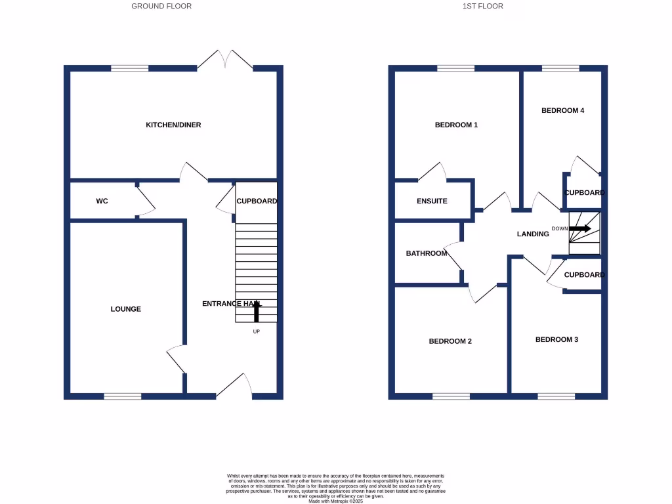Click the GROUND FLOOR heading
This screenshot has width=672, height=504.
pos(161,6)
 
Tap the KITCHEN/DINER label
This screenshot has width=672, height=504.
pos(173,125)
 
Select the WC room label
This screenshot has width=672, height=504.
pos(102,201)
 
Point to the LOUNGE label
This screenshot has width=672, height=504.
pos(125,309)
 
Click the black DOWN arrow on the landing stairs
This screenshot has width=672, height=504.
pos(580,229)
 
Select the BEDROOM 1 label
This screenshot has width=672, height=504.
pos(456,125)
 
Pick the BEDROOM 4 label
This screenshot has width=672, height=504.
pos(562,110)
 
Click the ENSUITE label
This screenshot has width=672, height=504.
pos(432,201)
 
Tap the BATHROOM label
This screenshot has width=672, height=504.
pos(426,253)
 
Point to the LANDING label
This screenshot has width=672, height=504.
pos(533,234)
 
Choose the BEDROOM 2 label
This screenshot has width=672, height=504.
pos(450,341)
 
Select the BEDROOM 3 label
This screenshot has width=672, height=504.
pos(556,339)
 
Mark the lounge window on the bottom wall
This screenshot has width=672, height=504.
pos(123,396)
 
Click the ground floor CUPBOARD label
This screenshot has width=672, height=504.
pos(257,201)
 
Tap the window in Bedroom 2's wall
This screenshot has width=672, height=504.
pos(451,396)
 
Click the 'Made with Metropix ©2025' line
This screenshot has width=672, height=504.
pos(335,501)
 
